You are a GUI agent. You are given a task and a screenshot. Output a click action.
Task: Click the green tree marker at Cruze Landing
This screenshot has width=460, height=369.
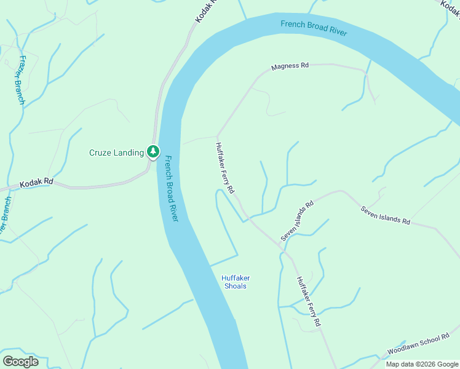click(153, 151)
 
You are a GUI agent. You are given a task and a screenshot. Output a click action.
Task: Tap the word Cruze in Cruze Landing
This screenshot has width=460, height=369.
click(101, 153)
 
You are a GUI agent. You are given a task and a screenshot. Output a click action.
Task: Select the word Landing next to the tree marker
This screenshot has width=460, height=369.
click(129, 153)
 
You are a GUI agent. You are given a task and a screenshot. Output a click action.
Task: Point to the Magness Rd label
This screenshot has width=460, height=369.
click(289, 66)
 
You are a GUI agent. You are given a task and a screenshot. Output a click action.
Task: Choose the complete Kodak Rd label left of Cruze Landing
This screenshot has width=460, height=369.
click(37, 183)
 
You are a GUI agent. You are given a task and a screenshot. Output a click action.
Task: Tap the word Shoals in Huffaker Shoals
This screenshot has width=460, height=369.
click(234, 286)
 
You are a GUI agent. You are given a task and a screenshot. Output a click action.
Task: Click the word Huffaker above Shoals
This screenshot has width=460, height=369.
click(236, 278)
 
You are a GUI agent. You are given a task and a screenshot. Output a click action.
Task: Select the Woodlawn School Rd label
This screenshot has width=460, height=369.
click(418, 344)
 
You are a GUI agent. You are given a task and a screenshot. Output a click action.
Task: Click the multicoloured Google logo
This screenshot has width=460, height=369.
click(21, 361)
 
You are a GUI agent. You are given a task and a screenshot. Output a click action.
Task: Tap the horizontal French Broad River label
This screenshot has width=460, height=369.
click(314, 28)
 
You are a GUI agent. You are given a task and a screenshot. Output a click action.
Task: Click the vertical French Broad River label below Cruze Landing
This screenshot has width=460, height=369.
click(172, 188)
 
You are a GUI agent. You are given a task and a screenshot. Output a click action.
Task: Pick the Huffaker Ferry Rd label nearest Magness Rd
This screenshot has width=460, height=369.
click(224, 169)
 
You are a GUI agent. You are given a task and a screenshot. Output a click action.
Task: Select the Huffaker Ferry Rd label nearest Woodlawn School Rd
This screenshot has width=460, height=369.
click(309, 301)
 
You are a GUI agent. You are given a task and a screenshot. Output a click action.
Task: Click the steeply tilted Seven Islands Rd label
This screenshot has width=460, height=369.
click(297, 220)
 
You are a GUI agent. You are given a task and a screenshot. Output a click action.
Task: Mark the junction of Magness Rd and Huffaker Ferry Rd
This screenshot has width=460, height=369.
click(217, 136)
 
